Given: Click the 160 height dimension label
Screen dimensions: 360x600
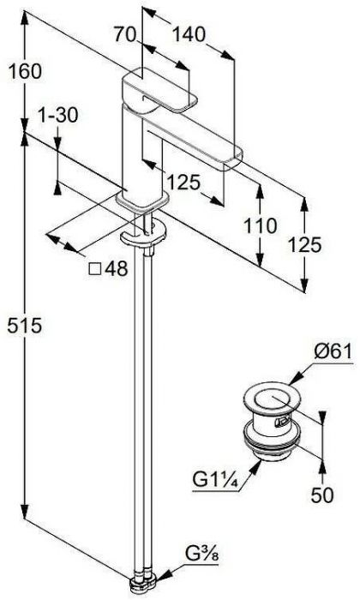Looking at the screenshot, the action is (25, 72).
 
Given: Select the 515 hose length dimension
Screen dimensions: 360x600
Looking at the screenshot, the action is (25, 326).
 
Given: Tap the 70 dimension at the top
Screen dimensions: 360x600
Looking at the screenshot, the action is (125, 35).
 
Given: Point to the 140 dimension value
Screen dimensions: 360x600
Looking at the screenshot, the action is (189, 35).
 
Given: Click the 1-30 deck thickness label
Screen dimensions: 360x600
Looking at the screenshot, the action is (57, 115).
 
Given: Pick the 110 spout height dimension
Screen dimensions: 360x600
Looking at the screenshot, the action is (261, 225).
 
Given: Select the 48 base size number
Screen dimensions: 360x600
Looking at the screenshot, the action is (117, 269).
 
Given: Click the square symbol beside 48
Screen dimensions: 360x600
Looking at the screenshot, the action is (95, 269).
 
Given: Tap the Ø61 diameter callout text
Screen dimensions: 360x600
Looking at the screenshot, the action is (333, 351).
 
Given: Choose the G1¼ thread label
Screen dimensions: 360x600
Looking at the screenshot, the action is (215, 480).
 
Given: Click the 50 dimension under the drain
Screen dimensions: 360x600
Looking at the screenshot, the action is (322, 495).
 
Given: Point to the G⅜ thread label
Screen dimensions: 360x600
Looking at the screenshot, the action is (202, 554).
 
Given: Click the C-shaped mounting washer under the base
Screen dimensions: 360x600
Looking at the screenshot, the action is (142, 237).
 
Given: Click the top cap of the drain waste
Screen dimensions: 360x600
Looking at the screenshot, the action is (272, 397).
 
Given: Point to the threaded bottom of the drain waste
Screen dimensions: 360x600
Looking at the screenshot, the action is (273, 450).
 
